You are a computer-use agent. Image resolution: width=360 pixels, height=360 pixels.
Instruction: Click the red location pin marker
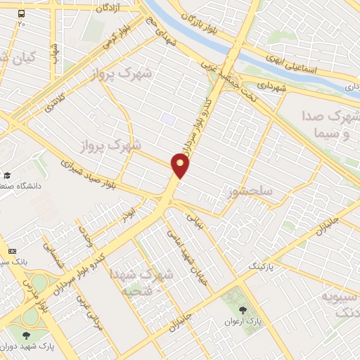click(x=181, y=165)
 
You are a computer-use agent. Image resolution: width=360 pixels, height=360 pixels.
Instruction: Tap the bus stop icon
click(x=21, y=13)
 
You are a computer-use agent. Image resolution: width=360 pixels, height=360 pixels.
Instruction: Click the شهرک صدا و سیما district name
click(x=330, y=124)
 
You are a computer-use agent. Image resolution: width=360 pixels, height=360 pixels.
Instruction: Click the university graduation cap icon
click(x=7, y=175)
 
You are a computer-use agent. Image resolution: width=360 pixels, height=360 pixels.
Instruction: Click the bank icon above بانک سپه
click(x=11, y=251)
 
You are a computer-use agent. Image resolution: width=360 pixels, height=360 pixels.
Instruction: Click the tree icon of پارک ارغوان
click(x=243, y=309)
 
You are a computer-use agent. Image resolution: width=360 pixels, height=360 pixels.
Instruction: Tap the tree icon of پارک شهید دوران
click(x=27, y=335)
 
